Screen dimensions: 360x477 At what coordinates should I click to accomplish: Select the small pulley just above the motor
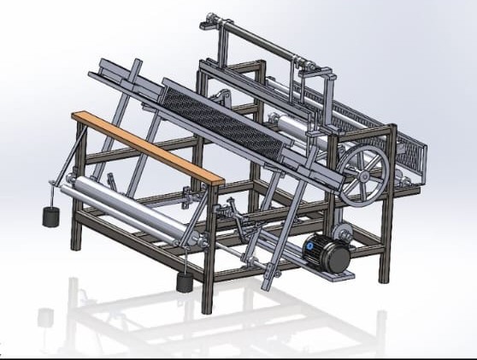point(344,232)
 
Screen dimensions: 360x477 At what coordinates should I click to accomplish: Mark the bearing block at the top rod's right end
point(309,64)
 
